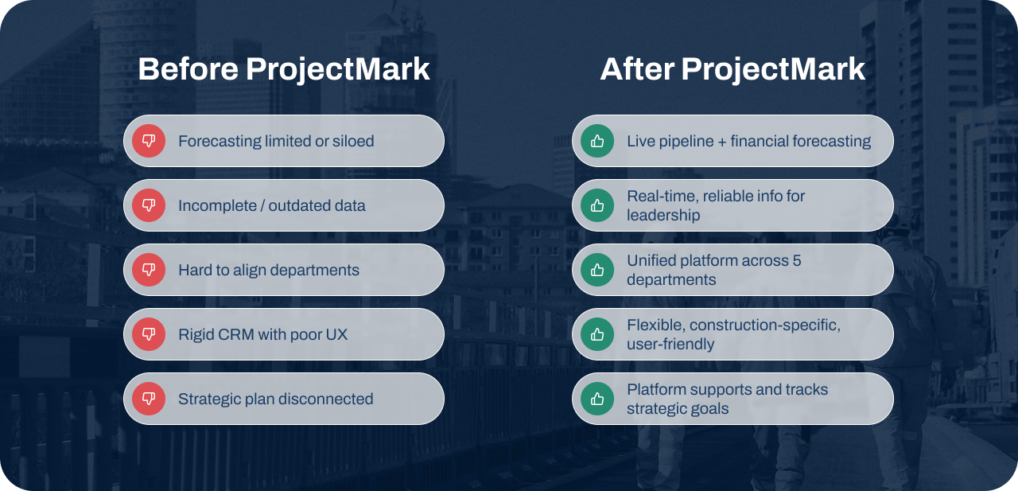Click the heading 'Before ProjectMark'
284,69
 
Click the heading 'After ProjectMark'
732,69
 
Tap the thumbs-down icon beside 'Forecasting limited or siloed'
149,141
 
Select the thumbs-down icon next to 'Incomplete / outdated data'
149,205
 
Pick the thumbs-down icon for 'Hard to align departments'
149,270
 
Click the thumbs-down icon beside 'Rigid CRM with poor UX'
149,334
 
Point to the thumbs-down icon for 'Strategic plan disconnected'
149,399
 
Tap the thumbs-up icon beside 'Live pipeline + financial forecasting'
597,141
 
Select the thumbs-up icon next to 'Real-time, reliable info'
597,205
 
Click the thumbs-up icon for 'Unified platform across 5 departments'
597,270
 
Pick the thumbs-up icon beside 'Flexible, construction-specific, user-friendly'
597,334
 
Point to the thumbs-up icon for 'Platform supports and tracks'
597,399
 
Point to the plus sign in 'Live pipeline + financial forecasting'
718,142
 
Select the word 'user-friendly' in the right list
670,345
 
